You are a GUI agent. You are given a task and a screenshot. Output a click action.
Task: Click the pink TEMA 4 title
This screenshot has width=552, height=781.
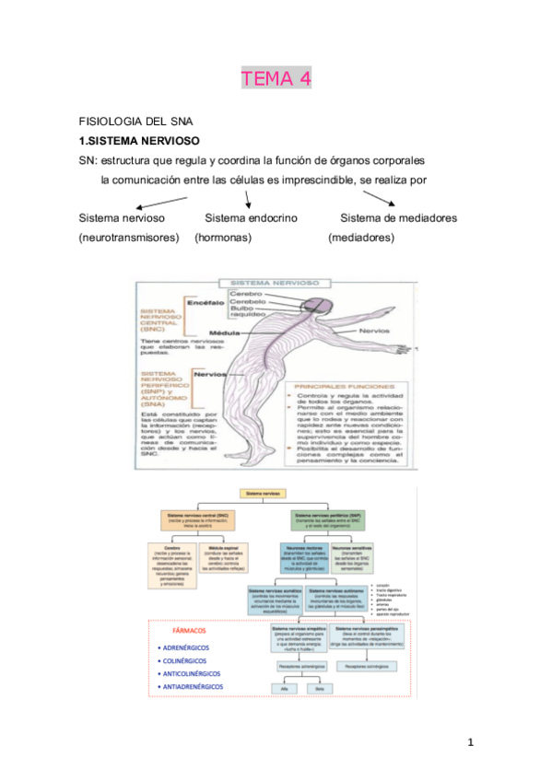[x=276, y=79]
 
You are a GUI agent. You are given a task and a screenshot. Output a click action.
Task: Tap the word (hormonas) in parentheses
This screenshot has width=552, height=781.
[x=224, y=238]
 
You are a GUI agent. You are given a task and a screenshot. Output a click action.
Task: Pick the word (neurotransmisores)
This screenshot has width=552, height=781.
[x=128, y=238]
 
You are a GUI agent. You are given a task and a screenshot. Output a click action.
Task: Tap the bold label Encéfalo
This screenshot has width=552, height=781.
[x=206, y=302]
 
